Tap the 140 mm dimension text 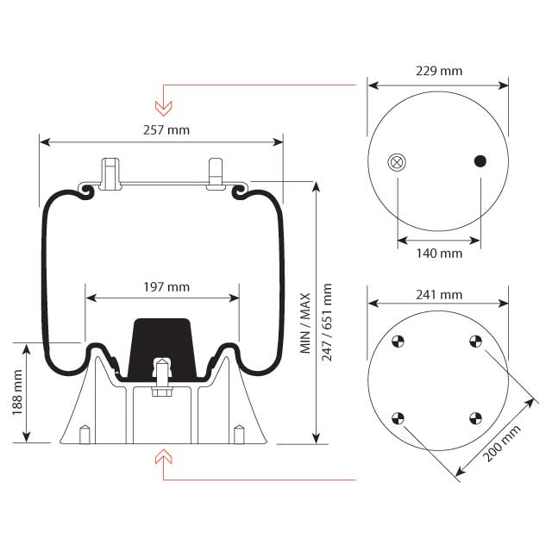[438, 254]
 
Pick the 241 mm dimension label [438, 294]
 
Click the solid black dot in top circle [480, 160]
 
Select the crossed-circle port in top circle [397, 161]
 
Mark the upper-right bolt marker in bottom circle [475, 342]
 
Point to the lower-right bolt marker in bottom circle [475, 419]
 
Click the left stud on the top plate [110, 172]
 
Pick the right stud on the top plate [215, 172]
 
